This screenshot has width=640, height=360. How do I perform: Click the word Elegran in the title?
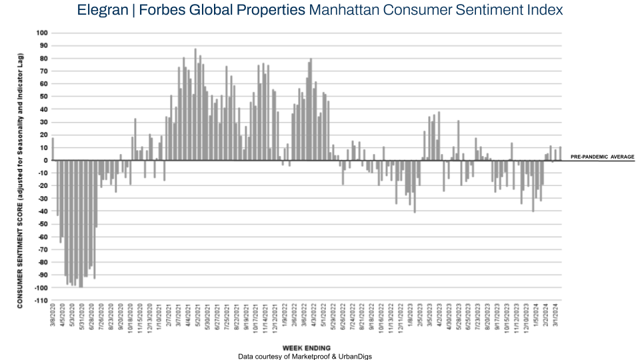click(x=102, y=11)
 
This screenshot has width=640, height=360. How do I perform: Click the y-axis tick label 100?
click(x=43, y=33)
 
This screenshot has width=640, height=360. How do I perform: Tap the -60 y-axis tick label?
click(x=44, y=237)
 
